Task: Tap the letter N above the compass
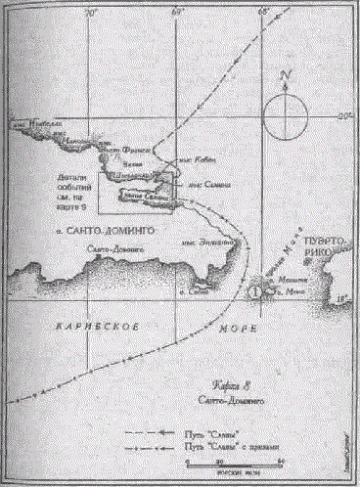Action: point(285,75)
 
